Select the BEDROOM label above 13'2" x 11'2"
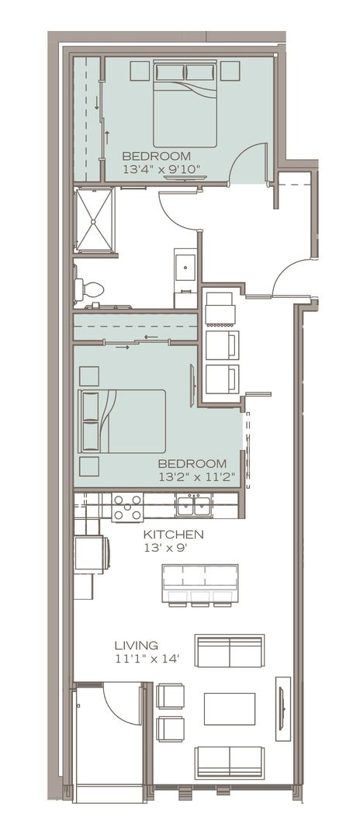coord(192,463)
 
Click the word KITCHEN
coord(174,535)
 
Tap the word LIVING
coord(136,645)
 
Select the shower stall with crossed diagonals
coord(94,220)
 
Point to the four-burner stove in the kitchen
coord(127,507)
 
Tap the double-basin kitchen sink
coord(193,507)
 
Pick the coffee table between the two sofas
coord(229,708)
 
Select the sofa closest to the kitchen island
coord(230,650)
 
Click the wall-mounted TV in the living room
coord(283,708)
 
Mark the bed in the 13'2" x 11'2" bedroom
coord(122,421)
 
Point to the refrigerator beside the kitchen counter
coord(90,554)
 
